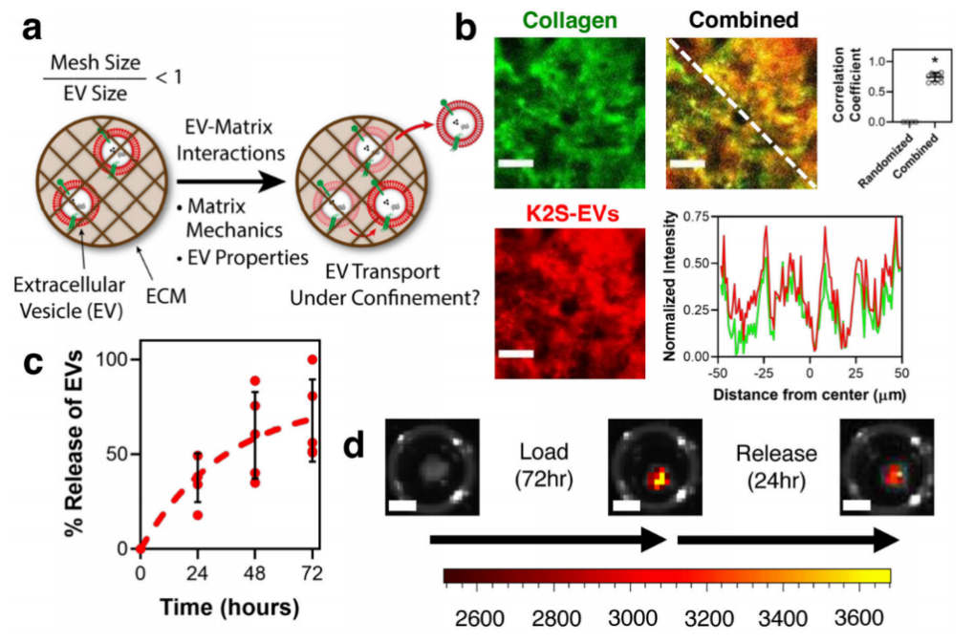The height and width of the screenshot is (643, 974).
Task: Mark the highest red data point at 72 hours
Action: click(x=311, y=360)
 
